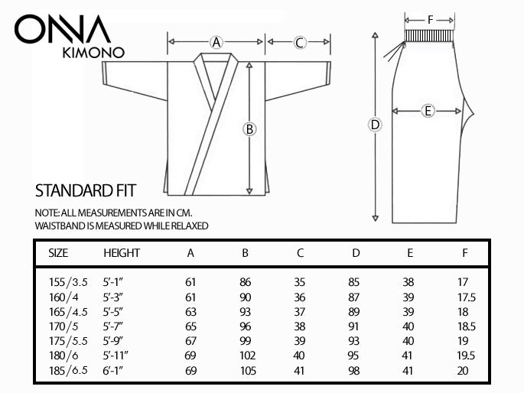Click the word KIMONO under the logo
[x=90, y=54]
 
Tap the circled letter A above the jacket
[x=216, y=42]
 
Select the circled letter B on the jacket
[x=249, y=129]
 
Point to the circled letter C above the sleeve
[x=300, y=42]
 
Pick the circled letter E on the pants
[x=428, y=112]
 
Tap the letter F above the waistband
[x=429, y=18]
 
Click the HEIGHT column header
[x=122, y=252]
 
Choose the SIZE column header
[x=58, y=252]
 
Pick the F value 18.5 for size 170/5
[x=466, y=326]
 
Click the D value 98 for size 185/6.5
[x=355, y=371]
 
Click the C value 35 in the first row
[x=301, y=281]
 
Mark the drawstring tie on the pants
[x=395, y=51]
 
